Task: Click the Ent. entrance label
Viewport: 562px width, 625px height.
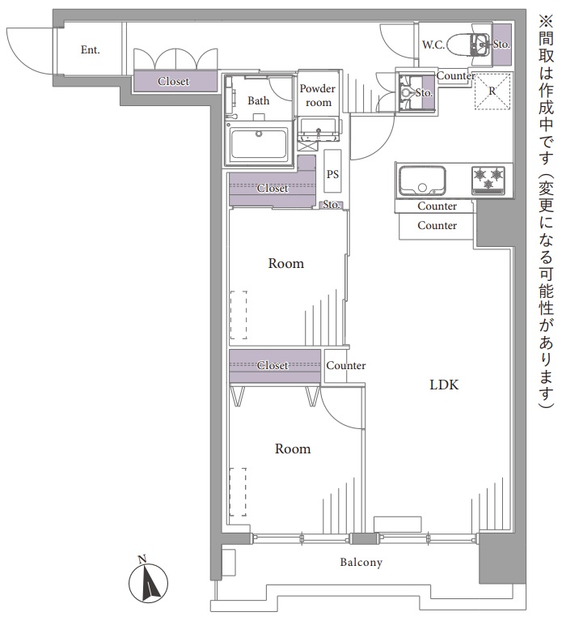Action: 90,50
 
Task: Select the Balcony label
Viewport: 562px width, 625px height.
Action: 361,562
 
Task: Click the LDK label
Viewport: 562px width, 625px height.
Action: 444,385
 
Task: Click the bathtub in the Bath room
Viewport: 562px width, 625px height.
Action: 259,143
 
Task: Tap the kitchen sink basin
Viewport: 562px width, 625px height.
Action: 422,181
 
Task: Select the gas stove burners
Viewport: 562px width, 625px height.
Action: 488,180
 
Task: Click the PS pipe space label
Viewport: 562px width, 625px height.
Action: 332,174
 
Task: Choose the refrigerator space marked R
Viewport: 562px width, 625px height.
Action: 492,91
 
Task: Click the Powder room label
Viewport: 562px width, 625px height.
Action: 318,96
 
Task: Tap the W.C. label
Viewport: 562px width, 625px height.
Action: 433,45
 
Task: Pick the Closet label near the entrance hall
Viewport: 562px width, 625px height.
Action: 174,81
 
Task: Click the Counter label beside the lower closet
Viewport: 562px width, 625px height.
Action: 346,365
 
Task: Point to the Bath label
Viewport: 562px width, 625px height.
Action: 258,100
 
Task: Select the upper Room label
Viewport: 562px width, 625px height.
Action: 285,263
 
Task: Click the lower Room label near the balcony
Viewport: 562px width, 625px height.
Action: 293,449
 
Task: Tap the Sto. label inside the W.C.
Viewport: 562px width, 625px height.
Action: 501,45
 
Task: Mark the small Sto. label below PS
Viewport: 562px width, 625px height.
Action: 332,205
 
